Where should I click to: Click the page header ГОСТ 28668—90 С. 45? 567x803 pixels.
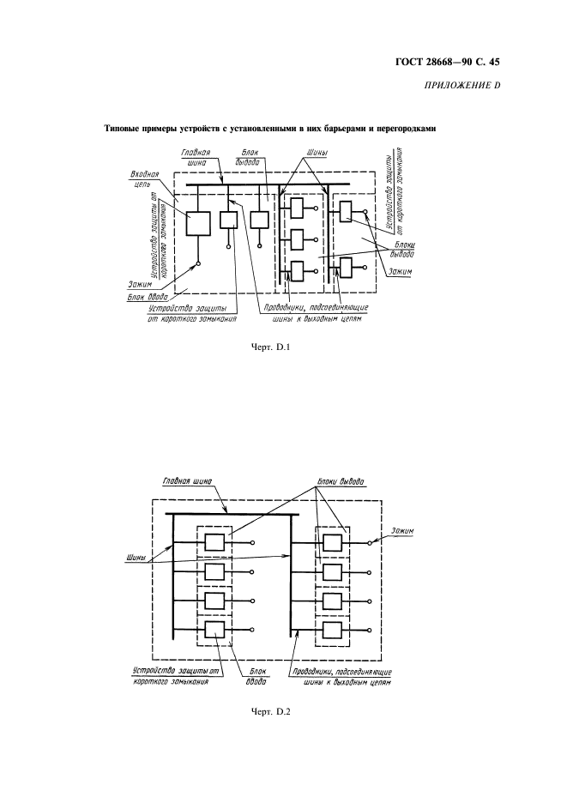click(x=448, y=63)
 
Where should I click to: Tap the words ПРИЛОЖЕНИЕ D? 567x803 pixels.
click(x=462, y=85)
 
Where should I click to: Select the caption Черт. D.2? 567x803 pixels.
click(x=271, y=712)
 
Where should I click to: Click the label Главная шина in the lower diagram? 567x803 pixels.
click(x=186, y=481)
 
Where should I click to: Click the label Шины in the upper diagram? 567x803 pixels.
click(x=317, y=153)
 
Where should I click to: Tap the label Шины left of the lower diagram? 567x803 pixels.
click(x=136, y=558)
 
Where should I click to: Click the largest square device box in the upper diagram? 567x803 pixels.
click(x=197, y=224)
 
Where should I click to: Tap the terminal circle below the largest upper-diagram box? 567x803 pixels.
click(x=198, y=263)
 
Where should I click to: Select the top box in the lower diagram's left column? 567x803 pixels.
click(x=214, y=543)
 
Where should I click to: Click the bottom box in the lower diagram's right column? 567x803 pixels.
click(x=333, y=630)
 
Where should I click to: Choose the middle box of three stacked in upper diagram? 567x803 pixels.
click(x=297, y=238)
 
